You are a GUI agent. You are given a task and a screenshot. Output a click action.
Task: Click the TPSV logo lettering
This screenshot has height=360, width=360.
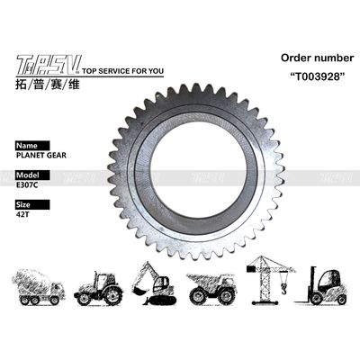(47, 62)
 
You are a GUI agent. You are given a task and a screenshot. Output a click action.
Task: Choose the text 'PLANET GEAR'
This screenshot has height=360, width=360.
(40, 154)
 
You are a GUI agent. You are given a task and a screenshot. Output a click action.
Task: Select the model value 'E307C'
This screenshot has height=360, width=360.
(31, 185)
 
